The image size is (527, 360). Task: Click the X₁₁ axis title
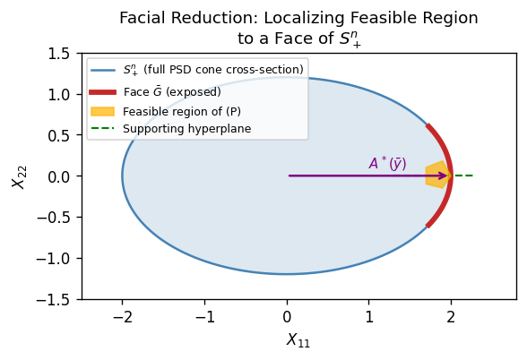pos(298,340)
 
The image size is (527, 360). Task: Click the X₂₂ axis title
pos(19,176)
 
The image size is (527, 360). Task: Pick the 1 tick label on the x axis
pos(369,317)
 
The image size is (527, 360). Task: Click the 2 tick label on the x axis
pos(451,317)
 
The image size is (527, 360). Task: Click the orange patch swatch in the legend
pos(102,111)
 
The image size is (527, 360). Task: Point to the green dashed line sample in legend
pos(102,129)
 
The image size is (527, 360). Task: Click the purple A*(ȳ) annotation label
pos(387,164)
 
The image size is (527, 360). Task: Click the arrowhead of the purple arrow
pos(444,176)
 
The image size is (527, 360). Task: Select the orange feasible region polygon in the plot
pos(436,175)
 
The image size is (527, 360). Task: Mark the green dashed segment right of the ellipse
pos(462,176)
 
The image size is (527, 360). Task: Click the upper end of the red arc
pos(428,126)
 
